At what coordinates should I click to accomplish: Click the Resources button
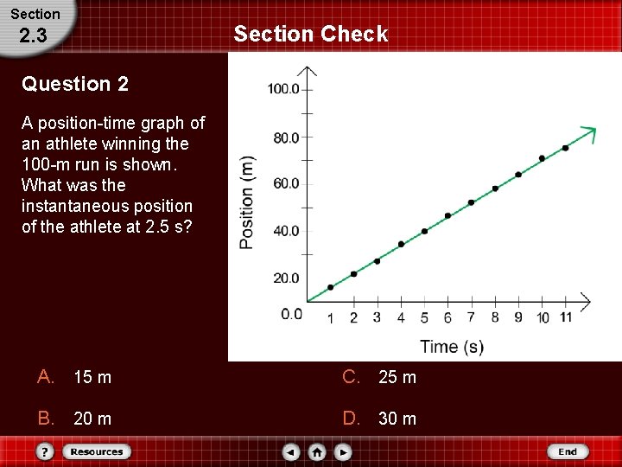click(x=96, y=451)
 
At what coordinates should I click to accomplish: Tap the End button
click(x=567, y=451)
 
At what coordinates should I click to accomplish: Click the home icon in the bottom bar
click(x=317, y=451)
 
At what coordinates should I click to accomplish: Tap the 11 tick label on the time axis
click(x=565, y=317)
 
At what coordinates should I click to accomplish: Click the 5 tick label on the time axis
click(x=424, y=317)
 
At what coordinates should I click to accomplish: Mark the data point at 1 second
click(x=330, y=287)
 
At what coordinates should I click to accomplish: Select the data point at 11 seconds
click(x=565, y=148)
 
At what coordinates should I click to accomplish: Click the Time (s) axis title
click(x=452, y=347)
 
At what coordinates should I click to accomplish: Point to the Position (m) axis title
click(x=247, y=202)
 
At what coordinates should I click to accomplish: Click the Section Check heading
click(x=311, y=35)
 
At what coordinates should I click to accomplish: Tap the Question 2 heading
click(x=75, y=84)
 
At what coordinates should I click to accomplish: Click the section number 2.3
click(x=33, y=35)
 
